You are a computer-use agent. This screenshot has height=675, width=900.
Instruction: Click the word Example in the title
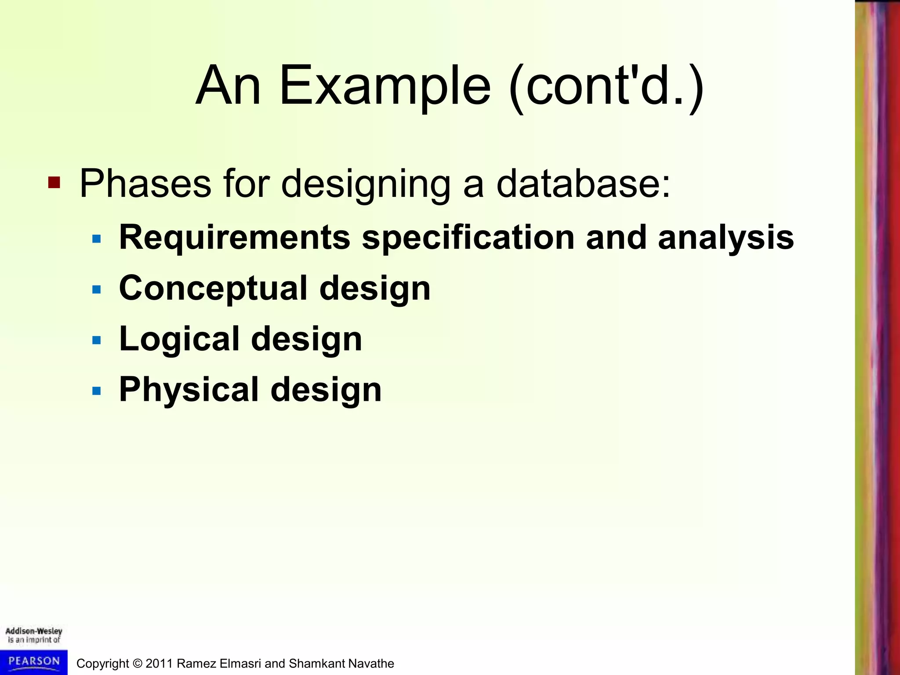coord(385,86)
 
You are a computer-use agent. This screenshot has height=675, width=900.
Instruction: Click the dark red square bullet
coord(54,182)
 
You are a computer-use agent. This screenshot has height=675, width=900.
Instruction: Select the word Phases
coord(145,184)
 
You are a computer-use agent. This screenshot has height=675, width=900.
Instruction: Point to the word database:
coord(584,184)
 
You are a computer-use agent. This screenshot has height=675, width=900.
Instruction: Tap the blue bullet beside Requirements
coord(97,239)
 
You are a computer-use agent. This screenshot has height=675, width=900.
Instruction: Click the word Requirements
coord(235,238)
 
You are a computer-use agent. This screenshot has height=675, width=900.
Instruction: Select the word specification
coord(468,238)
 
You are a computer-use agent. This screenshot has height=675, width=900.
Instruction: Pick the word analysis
coord(726,238)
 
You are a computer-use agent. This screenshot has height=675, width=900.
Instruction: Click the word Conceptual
coord(213,289)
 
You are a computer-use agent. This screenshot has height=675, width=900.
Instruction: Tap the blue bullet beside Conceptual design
coord(97,290)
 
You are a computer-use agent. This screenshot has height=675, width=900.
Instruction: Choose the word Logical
coord(179,339)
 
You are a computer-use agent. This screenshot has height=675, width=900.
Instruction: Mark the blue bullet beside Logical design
coord(97,340)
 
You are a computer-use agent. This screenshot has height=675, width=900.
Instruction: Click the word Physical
coord(189,389)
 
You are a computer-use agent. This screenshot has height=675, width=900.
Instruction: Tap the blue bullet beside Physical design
coord(97,391)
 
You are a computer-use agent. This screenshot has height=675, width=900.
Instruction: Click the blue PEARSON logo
coord(34,661)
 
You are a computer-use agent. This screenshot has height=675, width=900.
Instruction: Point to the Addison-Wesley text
coord(34,631)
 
